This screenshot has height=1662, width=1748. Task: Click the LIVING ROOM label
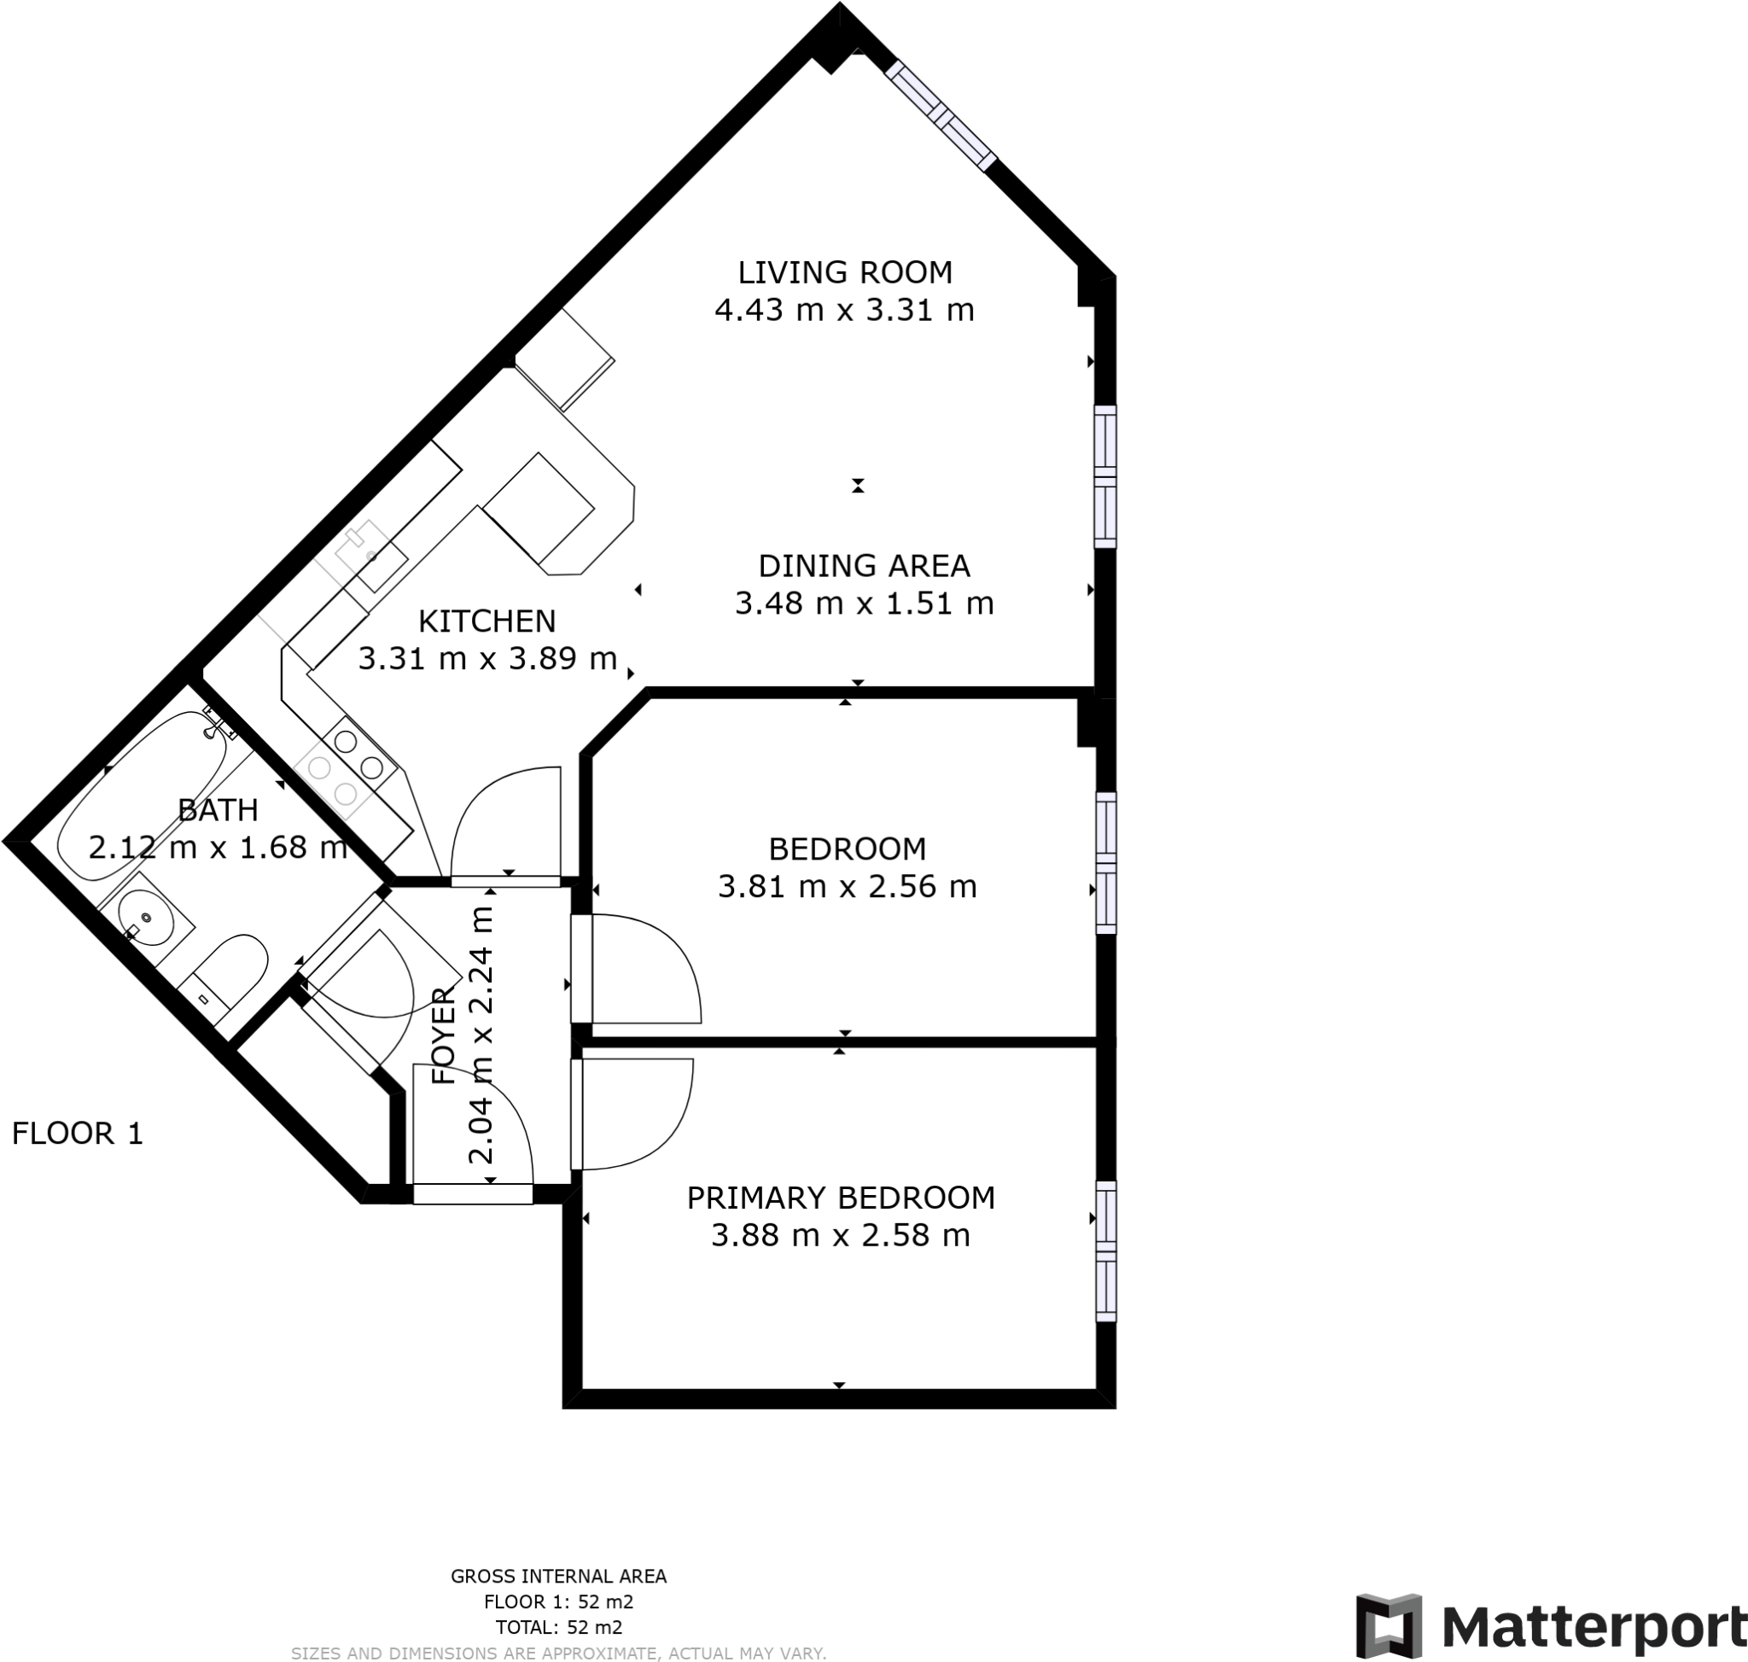pyautogui.click(x=844, y=272)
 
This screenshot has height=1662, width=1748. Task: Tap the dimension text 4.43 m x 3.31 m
pyautogui.click(x=844, y=310)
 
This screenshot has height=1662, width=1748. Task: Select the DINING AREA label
pyautogui.click(x=864, y=565)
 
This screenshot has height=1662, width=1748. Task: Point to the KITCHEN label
pyautogui.click(x=487, y=621)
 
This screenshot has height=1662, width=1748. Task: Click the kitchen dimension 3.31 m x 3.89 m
pyautogui.click(x=487, y=658)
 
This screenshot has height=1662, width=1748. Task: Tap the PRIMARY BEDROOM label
pyautogui.click(x=841, y=1198)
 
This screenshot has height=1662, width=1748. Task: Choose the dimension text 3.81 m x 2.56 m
pyautogui.click(x=847, y=886)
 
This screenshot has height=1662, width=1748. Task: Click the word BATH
pyautogui.click(x=218, y=810)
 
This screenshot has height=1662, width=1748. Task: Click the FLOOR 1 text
pyautogui.click(x=77, y=1133)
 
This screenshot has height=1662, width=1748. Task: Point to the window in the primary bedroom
pyautogui.click(x=1105, y=1250)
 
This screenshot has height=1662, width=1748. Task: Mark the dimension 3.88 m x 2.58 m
pyautogui.click(x=841, y=1235)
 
